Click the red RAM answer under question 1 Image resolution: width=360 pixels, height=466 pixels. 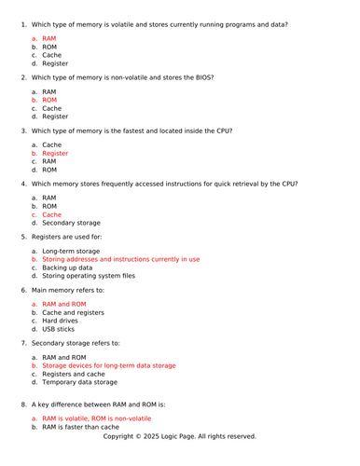click(49, 38)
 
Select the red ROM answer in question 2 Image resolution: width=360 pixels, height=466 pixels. click(49, 99)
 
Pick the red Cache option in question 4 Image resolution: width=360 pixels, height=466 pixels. click(52, 214)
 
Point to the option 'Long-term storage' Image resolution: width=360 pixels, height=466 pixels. click(71, 251)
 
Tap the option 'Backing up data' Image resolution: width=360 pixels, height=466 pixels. click(68, 267)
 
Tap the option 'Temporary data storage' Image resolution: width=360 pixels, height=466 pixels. click(80, 382)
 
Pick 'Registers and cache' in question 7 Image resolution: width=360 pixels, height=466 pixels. click(74, 374)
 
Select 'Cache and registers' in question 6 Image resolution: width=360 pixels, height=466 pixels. click(74, 312)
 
